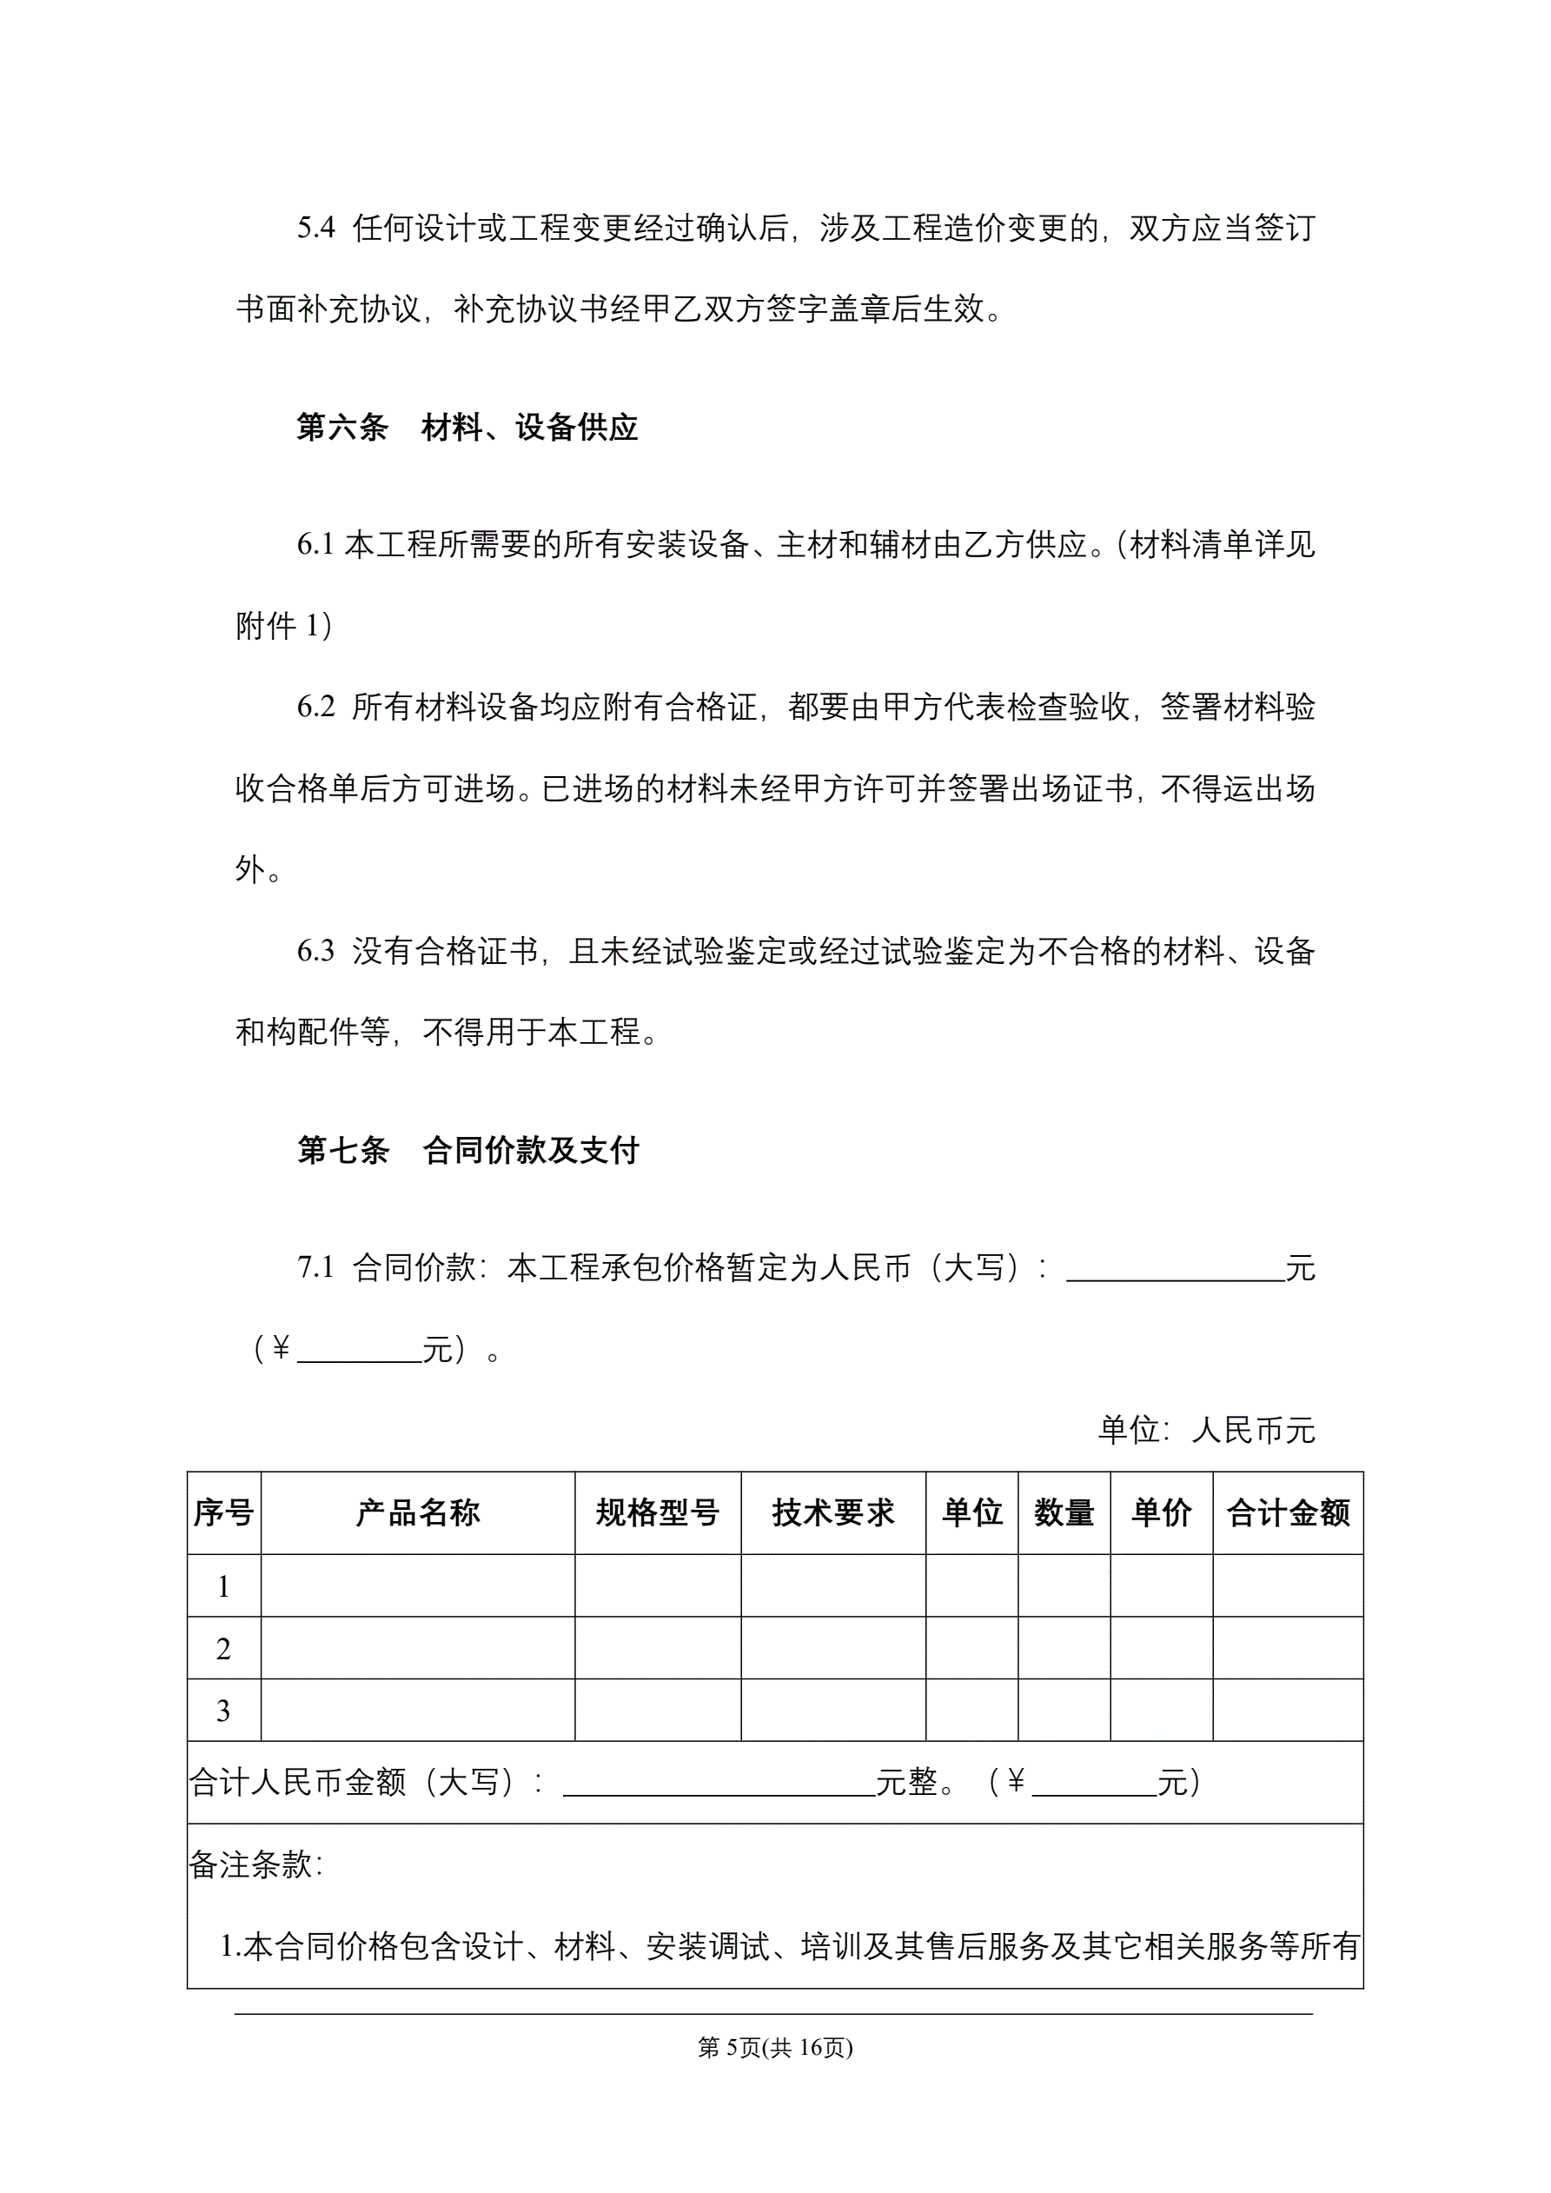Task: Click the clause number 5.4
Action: (x=315, y=229)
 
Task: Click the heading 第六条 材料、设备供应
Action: (x=466, y=427)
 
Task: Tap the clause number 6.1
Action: (x=315, y=544)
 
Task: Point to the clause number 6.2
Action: (x=315, y=707)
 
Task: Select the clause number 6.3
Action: (x=315, y=950)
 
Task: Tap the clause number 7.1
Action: (x=315, y=1267)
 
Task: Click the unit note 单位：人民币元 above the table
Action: (x=1206, y=1430)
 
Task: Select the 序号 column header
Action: (x=223, y=1513)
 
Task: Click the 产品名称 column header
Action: (x=417, y=1513)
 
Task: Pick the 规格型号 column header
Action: (x=657, y=1513)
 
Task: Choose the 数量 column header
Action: (x=1064, y=1513)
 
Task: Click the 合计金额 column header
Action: (x=1288, y=1513)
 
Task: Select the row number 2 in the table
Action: (x=223, y=1649)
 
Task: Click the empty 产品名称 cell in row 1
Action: (x=417, y=1586)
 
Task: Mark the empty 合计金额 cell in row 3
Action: (x=1288, y=1711)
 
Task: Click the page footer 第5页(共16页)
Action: (x=774, y=2047)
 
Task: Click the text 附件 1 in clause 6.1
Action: (x=282, y=626)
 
